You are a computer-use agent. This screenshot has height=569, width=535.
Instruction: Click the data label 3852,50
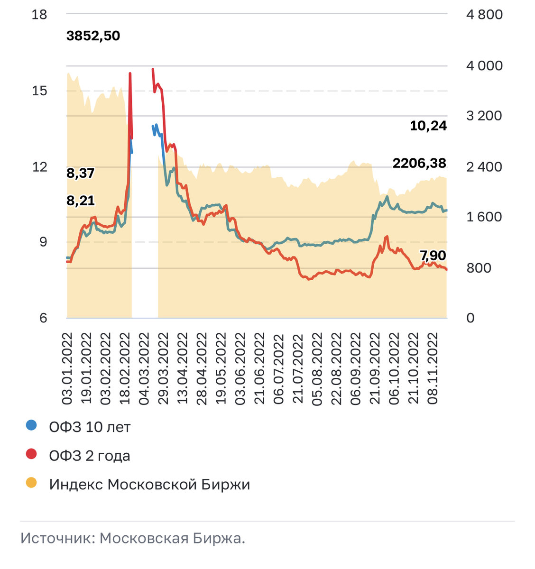click(93, 36)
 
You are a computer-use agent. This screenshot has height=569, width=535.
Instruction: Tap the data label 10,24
click(428, 126)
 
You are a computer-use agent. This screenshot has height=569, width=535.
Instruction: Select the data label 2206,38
click(419, 164)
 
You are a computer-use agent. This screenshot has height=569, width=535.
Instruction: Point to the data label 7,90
click(433, 256)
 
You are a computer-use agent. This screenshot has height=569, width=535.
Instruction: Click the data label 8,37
click(80, 174)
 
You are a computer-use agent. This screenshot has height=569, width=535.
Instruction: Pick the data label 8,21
click(80, 201)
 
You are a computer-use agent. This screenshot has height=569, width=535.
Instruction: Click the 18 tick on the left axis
click(39, 15)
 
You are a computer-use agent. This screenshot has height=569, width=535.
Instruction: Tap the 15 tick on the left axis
click(39, 91)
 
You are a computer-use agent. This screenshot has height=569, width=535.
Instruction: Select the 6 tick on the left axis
click(43, 318)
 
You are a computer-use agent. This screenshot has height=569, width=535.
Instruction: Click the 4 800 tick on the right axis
click(484, 15)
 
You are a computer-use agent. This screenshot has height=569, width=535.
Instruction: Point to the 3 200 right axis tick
click(484, 116)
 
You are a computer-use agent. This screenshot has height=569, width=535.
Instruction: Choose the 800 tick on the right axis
click(479, 268)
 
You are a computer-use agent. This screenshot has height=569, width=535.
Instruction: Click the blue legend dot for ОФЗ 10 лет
click(31, 425)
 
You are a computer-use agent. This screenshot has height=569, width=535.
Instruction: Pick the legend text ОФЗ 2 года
click(90, 456)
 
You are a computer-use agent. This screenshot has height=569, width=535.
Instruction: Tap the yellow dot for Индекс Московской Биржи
click(31, 483)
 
